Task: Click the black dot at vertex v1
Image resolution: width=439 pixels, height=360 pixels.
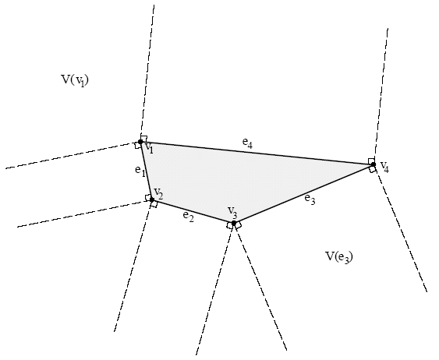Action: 140,142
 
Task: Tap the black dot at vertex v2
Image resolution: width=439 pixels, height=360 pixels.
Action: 152,199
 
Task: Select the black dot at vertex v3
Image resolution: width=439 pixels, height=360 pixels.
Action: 234,223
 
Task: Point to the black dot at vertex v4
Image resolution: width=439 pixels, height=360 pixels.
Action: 373,164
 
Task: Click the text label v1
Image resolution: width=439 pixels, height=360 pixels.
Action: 149,147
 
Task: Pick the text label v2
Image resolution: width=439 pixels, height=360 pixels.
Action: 158,192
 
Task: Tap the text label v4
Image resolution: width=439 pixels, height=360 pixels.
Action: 384,167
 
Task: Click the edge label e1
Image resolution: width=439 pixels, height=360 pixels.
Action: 140,171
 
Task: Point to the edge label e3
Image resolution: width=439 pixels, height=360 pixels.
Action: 310,199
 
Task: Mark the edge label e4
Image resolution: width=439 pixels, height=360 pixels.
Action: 247,143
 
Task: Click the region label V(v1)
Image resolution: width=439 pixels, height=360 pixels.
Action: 75,80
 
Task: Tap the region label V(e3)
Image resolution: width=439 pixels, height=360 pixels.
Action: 339,257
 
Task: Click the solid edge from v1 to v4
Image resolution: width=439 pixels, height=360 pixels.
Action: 257,154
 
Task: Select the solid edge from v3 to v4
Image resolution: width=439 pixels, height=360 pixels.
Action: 303,193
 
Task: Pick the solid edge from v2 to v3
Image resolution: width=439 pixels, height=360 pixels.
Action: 193,211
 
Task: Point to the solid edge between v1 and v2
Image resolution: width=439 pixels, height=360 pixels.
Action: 146,171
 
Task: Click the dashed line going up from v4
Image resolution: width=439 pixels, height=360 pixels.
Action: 381,96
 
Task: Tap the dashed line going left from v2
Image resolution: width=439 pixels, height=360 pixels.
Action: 84,214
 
